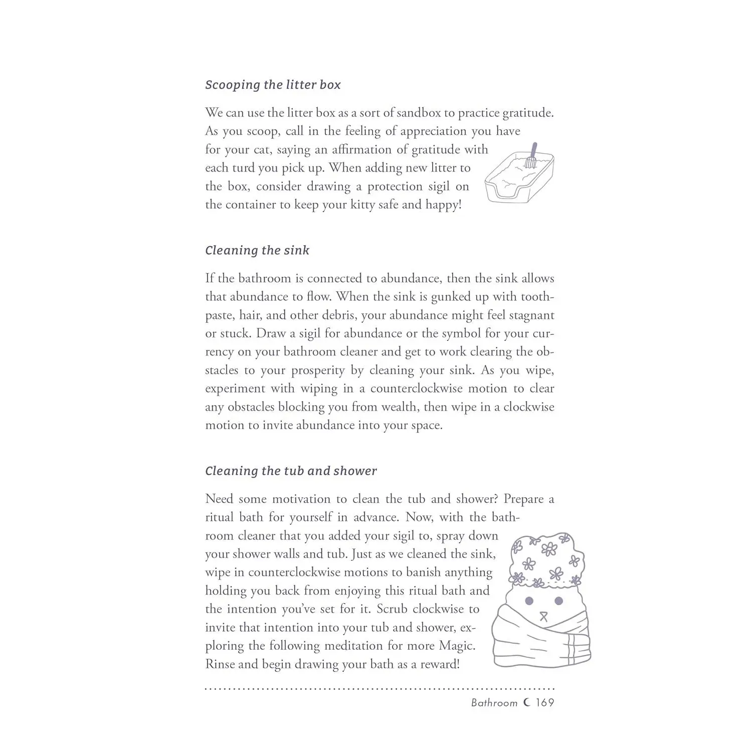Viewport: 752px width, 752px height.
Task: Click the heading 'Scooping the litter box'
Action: [x=273, y=85]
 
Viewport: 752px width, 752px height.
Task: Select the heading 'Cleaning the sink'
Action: [x=257, y=250]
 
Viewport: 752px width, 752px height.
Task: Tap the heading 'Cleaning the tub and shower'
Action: [x=291, y=471]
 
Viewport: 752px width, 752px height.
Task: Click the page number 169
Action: [x=544, y=702]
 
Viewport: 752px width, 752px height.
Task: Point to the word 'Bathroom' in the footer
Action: [x=494, y=703]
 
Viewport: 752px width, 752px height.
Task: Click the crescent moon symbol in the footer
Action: [x=526, y=702]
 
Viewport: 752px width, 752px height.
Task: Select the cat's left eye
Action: [x=528, y=600]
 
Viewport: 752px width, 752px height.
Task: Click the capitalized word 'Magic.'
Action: [x=457, y=646]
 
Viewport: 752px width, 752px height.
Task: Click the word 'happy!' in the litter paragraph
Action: [x=443, y=205]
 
